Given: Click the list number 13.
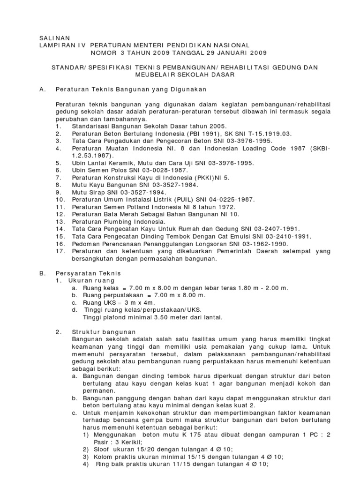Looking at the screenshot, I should pyautogui.click(x=59, y=222).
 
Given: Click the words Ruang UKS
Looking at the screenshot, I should pyautogui.click(x=98, y=302).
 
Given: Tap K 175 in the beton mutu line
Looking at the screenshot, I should pyautogui.click(x=203, y=435).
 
